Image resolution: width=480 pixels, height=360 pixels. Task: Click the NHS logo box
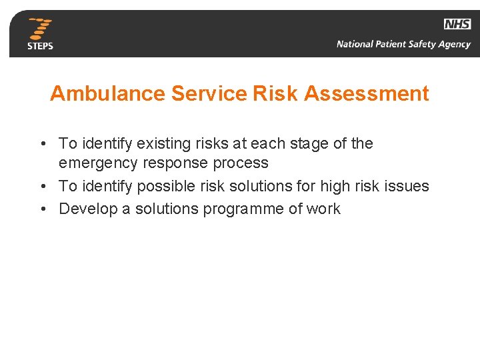point(457,24)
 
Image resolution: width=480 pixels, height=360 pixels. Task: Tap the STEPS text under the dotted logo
point(40,46)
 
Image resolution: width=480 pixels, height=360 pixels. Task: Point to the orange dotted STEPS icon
point(41,29)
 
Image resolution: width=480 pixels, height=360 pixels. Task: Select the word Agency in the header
point(454,45)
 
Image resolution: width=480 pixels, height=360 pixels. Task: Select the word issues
point(407,187)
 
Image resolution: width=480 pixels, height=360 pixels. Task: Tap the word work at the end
point(323,209)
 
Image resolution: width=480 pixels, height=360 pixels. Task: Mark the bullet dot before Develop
point(42,209)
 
